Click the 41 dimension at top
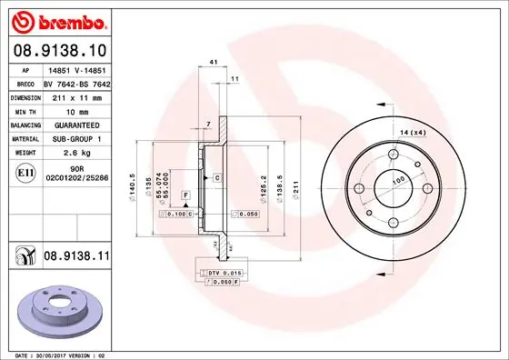(x=213, y=63)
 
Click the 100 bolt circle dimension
(x=396, y=182)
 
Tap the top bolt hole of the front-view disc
(x=392, y=154)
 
